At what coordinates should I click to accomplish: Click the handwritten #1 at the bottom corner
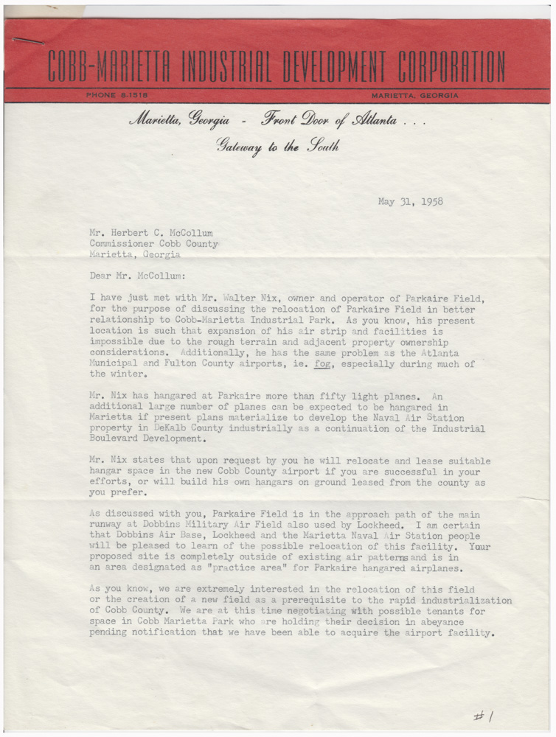coord(485,716)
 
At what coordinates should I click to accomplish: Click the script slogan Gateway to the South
coord(277,146)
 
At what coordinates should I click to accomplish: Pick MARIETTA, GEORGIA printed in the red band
coord(415,95)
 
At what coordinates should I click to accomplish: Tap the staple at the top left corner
coord(22,41)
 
